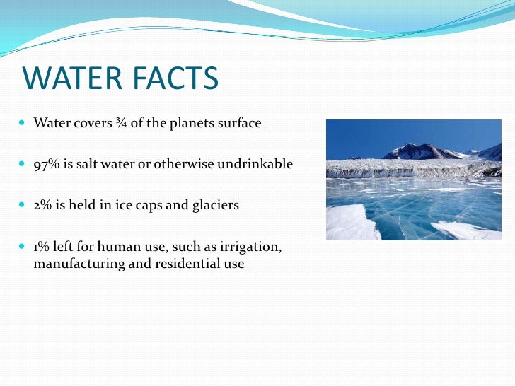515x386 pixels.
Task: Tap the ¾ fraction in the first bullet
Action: click(x=121, y=124)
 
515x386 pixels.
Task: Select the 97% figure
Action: click(x=46, y=165)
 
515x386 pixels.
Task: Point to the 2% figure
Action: click(x=44, y=206)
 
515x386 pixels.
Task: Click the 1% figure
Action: click(x=43, y=247)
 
